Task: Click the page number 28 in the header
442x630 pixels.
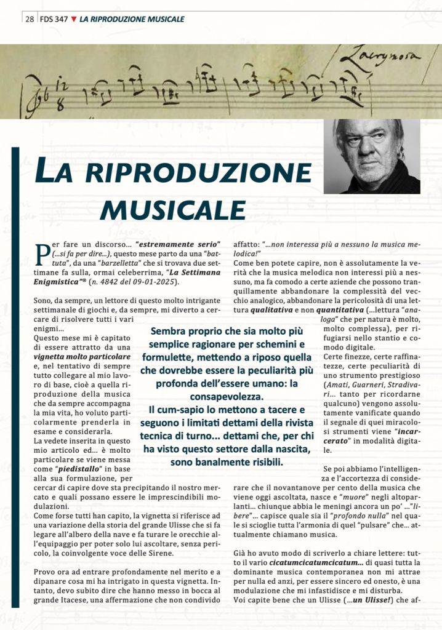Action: point(29,19)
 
